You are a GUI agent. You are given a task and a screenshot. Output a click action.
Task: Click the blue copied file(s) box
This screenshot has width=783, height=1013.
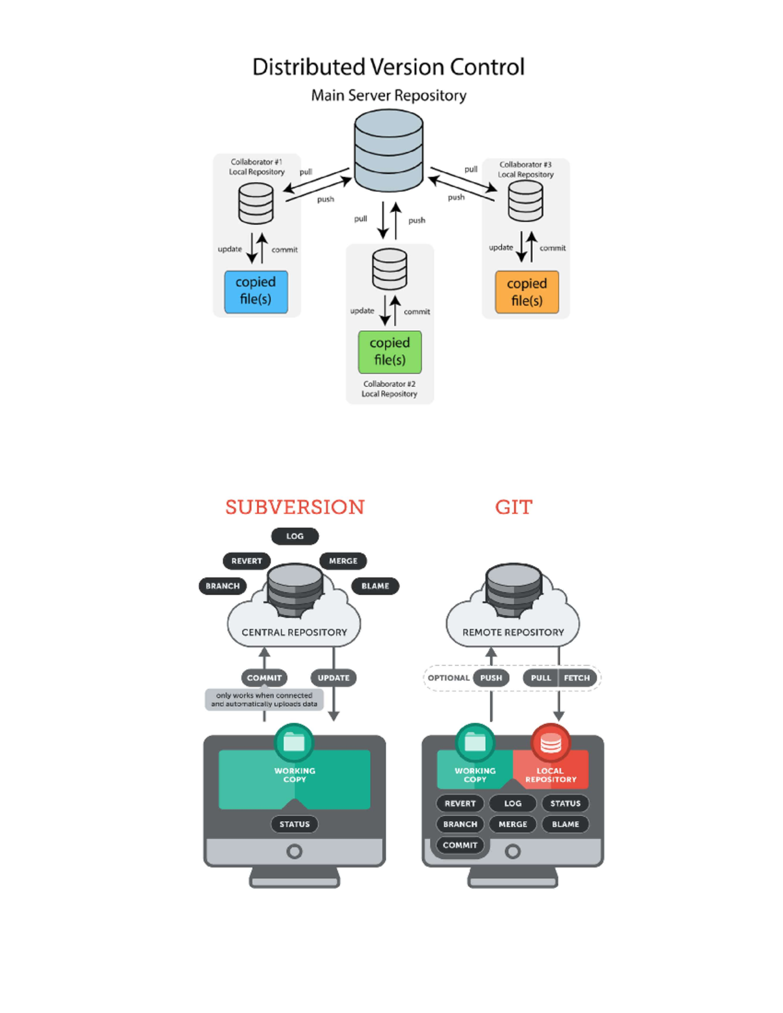coord(256,292)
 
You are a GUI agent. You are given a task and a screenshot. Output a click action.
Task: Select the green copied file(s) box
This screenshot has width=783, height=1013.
coord(390,352)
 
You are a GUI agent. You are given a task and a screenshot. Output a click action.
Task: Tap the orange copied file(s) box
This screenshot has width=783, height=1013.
coord(527,292)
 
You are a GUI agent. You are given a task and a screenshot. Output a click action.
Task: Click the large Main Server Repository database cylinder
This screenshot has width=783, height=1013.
coord(389,151)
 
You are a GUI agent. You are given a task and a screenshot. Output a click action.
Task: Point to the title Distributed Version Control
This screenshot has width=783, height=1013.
coord(388,67)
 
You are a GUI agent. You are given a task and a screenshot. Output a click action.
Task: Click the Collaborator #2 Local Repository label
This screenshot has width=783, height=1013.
coord(390,389)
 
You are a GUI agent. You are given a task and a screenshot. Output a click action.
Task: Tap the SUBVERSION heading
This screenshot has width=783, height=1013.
coord(295,507)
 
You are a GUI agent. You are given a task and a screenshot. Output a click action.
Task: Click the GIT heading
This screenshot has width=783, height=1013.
coord(514,507)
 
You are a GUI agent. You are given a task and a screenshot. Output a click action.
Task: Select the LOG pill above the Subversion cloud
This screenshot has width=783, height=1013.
coord(295,536)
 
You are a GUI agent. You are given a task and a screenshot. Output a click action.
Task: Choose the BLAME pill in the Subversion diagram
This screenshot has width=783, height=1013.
coord(375,586)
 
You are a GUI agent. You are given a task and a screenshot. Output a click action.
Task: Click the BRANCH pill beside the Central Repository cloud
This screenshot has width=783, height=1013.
coord(223,586)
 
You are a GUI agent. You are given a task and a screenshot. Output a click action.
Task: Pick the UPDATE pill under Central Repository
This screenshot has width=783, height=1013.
coord(333,678)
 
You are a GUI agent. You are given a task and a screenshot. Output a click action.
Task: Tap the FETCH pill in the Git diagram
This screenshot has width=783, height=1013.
coord(577,678)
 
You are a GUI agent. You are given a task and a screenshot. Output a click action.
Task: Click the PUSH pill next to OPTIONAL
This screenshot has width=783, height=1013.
coord(491,678)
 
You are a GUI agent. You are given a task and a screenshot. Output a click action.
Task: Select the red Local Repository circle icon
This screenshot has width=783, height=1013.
coord(551,743)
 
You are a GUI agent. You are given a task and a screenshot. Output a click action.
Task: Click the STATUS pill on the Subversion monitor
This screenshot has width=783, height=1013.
coord(294,824)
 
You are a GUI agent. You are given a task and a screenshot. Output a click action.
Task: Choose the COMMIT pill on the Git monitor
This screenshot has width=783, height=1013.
coord(460,845)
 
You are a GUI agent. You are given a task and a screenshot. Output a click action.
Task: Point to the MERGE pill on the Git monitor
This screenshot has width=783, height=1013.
coord(513,824)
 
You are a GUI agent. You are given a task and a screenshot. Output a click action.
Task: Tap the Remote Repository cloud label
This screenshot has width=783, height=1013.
coord(513,632)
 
